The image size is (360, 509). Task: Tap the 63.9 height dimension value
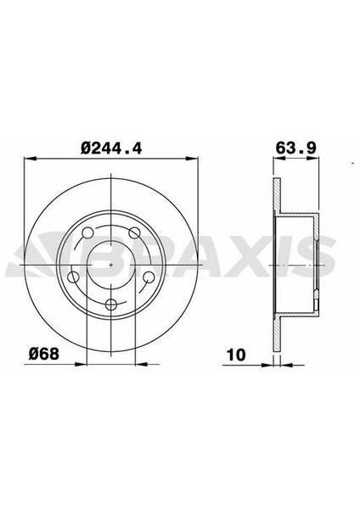tap(290, 147)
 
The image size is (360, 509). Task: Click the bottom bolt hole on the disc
tap(112, 305)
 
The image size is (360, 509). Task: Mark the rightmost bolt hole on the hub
tap(149, 277)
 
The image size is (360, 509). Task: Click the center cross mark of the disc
tap(112, 264)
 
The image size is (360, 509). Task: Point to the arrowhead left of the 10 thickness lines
tap(271, 364)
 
